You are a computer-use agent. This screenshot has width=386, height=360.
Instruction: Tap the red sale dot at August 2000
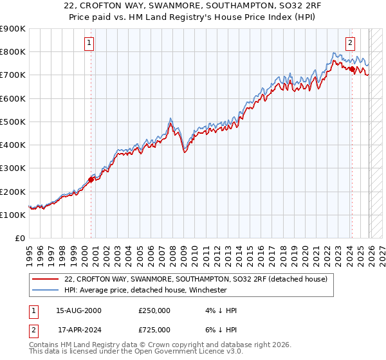pyautogui.click(x=91, y=180)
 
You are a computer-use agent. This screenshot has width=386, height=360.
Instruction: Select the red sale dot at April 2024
pyautogui.click(x=352, y=69)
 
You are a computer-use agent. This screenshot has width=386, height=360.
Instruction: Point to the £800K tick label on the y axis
pyautogui.click(x=13, y=52)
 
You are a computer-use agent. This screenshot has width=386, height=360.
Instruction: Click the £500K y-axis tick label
pyautogui.click(x=13, y=122)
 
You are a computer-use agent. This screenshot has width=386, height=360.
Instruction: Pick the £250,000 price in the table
pyautogui.click(x=154, y=310)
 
